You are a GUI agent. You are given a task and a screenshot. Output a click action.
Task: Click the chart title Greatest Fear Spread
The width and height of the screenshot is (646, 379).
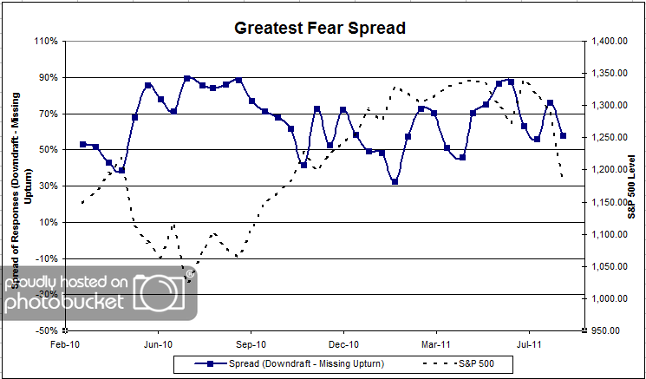click(320, 28)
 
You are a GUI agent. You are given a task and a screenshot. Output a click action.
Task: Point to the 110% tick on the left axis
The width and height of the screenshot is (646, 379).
click(46, 41)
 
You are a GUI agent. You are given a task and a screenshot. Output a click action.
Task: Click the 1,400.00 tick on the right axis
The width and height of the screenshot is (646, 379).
click(609, 41)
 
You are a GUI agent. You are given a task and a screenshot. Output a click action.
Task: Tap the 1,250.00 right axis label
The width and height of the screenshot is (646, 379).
click(609, 137)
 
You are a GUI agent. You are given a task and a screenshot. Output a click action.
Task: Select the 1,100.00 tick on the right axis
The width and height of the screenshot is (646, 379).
click(609, 234)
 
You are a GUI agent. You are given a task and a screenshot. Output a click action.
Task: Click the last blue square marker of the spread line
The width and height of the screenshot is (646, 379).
click(564, 135)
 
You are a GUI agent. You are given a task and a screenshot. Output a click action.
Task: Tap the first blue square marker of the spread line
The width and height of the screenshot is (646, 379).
click(82, 144)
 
